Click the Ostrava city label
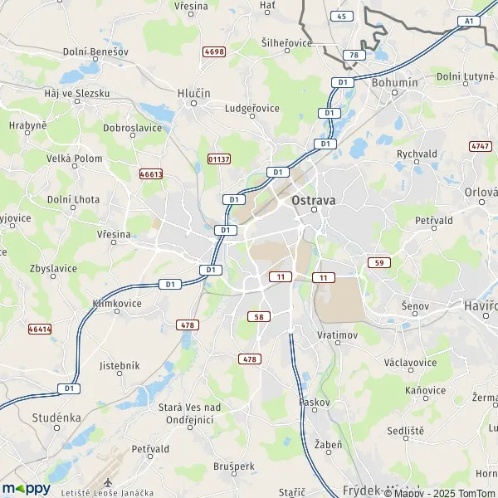[x=314, y=200]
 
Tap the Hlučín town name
[x=193, y=94]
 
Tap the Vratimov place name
[x=336, y=335]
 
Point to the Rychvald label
[x=417, y=153]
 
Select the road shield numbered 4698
[x=214, y=51]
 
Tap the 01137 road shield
[x=219, y=158]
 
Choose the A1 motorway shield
[x=469, y=21]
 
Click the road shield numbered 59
[x=379, y=262]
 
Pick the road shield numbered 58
[x=258, y=316]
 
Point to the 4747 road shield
[x=480, y=146]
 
